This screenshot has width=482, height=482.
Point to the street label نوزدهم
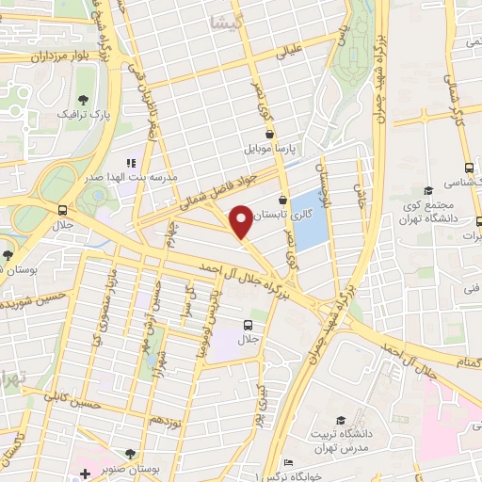click(166, 416)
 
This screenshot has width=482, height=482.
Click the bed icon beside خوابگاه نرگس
click(289, 463)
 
